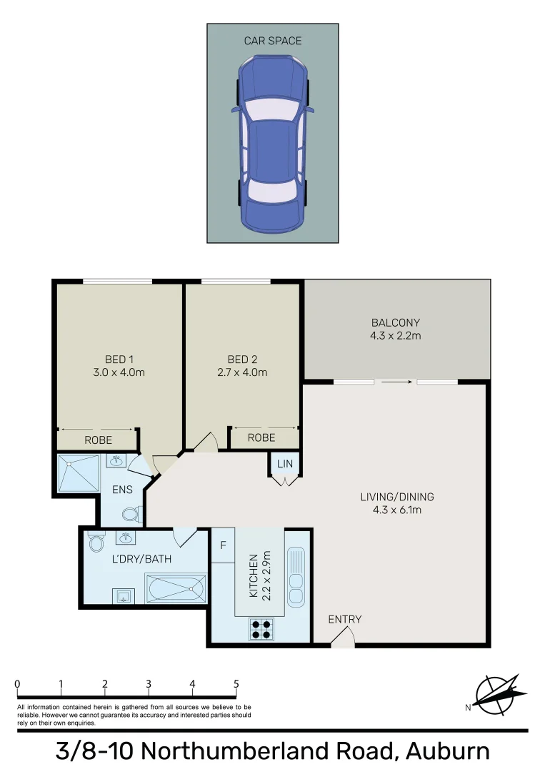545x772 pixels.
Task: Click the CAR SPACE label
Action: click(x=273, y=41)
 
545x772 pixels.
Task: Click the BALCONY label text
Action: click(x=396, y=322)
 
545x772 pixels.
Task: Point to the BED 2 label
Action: click(x=242, y=359)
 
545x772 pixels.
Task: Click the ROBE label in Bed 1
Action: click(x=98, y=440)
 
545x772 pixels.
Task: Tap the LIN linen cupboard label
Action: click(x=285, y=465)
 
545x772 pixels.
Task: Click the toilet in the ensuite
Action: click(x=131, y=514)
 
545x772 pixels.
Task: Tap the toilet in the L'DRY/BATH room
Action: click(x=95, y=543)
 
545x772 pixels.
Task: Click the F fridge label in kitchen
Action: click(x=223, y=545)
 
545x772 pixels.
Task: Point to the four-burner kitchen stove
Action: click(x=261, y=628)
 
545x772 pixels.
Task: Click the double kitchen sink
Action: click(x=295, y=576)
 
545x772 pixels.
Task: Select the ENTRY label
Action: click(x=345, y=619)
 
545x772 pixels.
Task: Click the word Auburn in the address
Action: click(x=448, y=752)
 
